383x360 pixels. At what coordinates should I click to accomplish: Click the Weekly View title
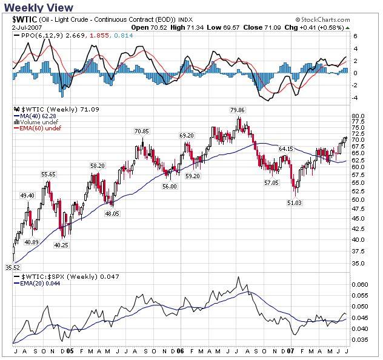point(39,7)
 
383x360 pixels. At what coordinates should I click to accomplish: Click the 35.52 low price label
point(13,267)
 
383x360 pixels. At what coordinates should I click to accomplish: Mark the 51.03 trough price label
point(295,203)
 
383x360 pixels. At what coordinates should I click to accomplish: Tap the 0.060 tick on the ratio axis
point(359,284)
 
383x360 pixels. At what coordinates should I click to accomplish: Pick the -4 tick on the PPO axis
point(356,98)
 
